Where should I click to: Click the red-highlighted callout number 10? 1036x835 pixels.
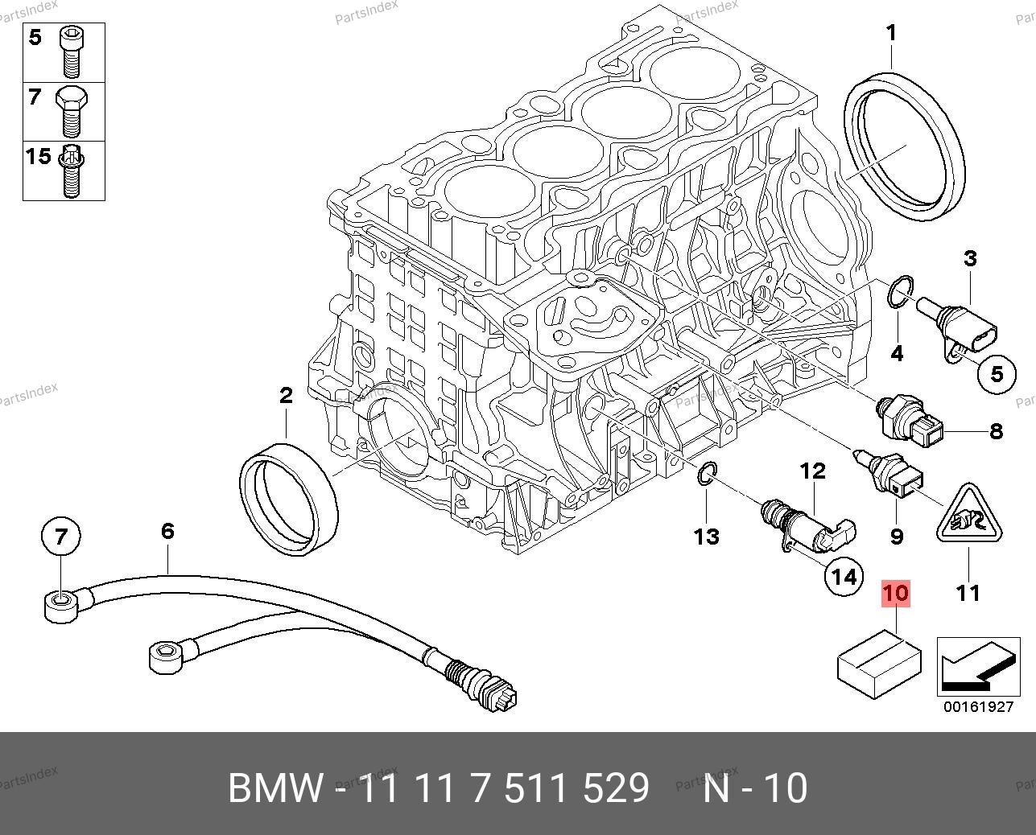coord(896,594)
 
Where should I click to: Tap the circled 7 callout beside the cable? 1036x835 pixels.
coord(62,536)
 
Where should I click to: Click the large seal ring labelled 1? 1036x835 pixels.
coord(906,145)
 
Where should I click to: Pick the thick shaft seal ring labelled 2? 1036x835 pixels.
coord(290,498)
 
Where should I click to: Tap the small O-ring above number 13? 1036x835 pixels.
coord(707,475)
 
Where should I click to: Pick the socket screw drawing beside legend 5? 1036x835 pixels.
coord(69,50)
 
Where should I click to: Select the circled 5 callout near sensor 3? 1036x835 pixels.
coord(997,374)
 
